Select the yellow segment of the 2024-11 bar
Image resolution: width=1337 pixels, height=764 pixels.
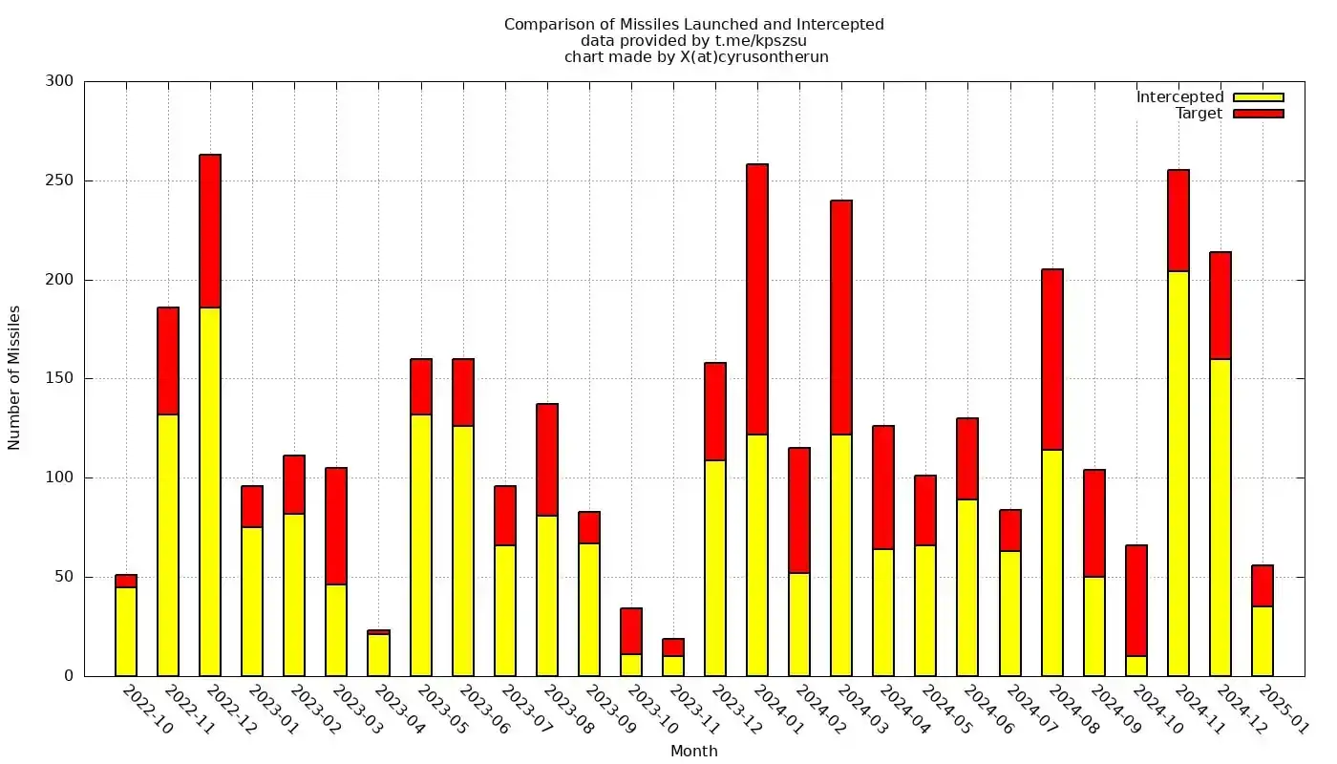coord(1178,473)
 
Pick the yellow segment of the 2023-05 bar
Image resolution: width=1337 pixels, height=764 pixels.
coord(421,544)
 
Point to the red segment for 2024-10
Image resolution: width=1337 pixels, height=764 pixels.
coord(1136,600)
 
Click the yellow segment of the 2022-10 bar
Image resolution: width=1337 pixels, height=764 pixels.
coord(126,630)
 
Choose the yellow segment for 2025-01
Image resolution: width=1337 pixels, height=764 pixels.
coord(1263,641)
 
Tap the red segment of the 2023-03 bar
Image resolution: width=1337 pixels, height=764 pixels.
coord(336,525)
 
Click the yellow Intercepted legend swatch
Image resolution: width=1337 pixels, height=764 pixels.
coord(1258,97)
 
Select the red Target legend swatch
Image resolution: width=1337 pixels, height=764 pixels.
coord(1258,114)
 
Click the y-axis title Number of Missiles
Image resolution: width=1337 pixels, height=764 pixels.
coord(14,377)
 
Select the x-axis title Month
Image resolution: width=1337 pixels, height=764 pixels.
coord(694,752)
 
